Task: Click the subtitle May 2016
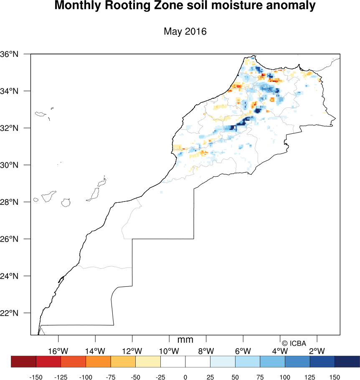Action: point(185,32)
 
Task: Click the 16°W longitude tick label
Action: point(58,350)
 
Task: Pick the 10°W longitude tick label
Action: point(169,350)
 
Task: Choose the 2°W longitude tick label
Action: point(317,350)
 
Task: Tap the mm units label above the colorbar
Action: point(185,340)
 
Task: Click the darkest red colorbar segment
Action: point(23,361)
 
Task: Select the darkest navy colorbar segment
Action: point(347,361)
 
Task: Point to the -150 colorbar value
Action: point(36,377)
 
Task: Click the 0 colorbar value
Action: point(185,377)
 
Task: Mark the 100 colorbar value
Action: point(285,377)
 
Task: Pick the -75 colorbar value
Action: point(111,377)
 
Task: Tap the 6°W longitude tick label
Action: point(243,350)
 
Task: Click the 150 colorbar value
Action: point(335,377)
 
